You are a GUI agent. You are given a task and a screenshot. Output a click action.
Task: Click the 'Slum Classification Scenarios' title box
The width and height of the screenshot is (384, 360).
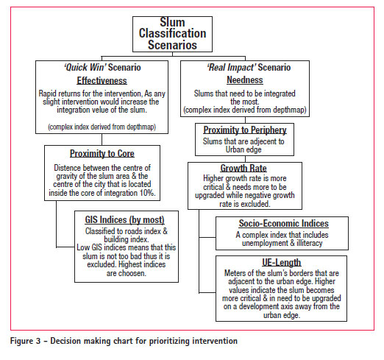tap(172, 34)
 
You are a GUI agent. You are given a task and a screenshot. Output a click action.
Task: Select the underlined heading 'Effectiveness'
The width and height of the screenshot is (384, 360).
tap(102, 80)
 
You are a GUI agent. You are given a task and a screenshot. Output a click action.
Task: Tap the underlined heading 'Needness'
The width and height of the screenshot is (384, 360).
tap(245, 80)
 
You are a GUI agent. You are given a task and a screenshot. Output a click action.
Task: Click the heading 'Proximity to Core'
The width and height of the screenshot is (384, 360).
tap(102, 153)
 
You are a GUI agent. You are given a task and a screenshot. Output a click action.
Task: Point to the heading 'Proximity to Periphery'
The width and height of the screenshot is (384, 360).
tap(245, 130)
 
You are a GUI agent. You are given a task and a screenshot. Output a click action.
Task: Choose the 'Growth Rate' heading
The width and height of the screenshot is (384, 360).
tap(243, 168)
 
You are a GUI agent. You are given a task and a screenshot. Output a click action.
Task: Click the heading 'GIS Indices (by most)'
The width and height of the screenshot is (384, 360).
tap(124, 219)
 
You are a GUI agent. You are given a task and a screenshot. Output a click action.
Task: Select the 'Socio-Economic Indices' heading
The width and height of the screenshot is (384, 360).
tap(284, 223)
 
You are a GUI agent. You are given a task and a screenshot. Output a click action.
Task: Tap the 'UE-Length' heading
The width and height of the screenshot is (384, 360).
tap(282, 262)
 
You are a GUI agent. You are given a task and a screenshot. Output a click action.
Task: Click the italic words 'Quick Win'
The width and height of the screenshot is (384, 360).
tap(85, 67)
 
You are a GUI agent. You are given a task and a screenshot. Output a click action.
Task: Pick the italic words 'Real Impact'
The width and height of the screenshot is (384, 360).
tap(232, 67)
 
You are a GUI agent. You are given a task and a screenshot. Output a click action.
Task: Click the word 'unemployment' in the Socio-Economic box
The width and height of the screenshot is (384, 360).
tap(265, 243)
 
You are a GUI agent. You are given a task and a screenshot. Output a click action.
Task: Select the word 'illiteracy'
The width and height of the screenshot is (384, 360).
tap(310, 243)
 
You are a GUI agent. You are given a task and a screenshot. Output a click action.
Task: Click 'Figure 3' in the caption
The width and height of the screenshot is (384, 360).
tap(25, 341)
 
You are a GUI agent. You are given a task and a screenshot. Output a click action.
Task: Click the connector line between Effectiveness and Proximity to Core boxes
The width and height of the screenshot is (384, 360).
tap(102, 139)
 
